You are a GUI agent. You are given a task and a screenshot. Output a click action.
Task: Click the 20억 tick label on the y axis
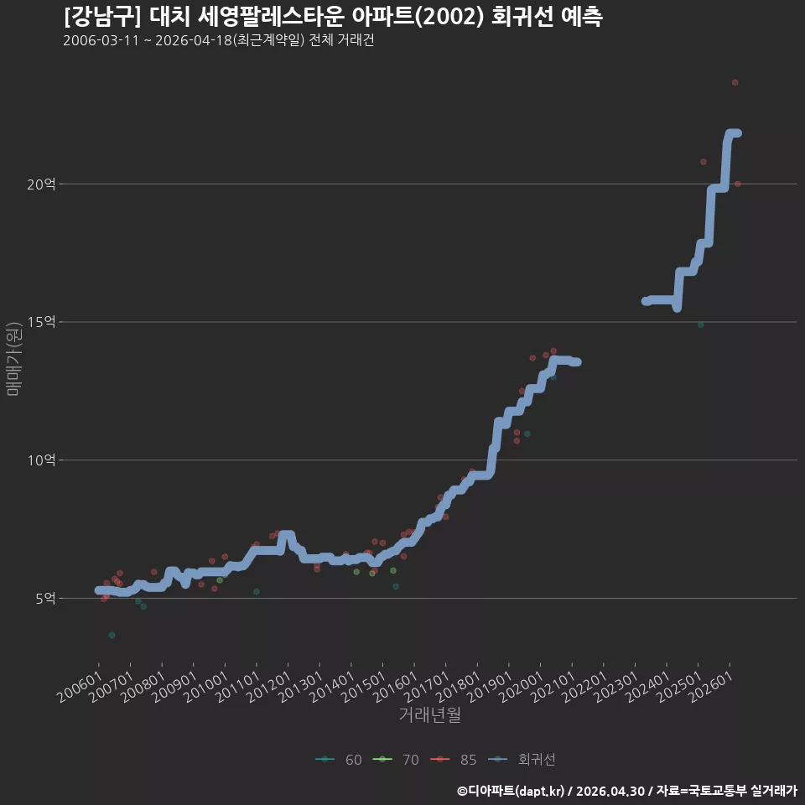coord(41,184)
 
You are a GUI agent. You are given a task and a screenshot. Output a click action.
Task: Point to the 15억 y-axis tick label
coord(41,322)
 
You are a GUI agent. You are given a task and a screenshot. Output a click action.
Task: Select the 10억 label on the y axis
coord(41,460)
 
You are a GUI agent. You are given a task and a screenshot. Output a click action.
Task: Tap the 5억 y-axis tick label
coord(45,598)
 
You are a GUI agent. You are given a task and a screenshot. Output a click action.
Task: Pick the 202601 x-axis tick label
coord(710,687)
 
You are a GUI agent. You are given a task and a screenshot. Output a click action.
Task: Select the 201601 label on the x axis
coord(395,687)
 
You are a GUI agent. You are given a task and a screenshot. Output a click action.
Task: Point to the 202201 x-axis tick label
coord(584,687)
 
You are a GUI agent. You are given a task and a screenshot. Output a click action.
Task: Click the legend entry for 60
coord(339,760)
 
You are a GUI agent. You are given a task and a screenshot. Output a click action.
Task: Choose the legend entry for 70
coord(396,760)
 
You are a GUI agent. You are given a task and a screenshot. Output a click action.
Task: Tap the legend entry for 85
coord(454,760)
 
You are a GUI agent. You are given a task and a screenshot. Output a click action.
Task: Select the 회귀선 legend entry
coord(522,760)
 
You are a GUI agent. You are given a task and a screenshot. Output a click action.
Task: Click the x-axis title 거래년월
coord(429,714)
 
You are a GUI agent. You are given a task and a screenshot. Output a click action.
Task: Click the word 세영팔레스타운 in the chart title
coord(271,17)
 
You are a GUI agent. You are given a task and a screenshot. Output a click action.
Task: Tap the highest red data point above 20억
coord(735,83)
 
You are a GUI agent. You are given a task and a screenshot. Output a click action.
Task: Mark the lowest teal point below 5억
coord(112,635)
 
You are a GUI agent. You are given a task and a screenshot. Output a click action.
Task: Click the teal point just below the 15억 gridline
coord(701,325)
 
